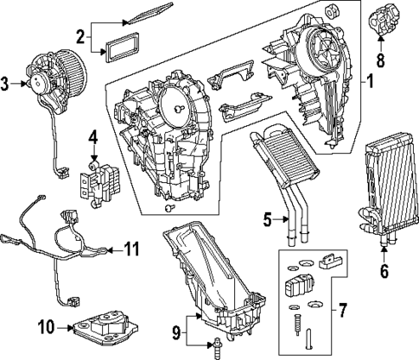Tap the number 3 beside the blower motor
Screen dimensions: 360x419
pos(5,83)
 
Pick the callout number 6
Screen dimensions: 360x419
pos(384,269)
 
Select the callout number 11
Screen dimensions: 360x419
pos(130,249)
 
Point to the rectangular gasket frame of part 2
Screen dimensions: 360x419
pos(119,44)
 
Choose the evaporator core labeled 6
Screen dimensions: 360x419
pos(382,188)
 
